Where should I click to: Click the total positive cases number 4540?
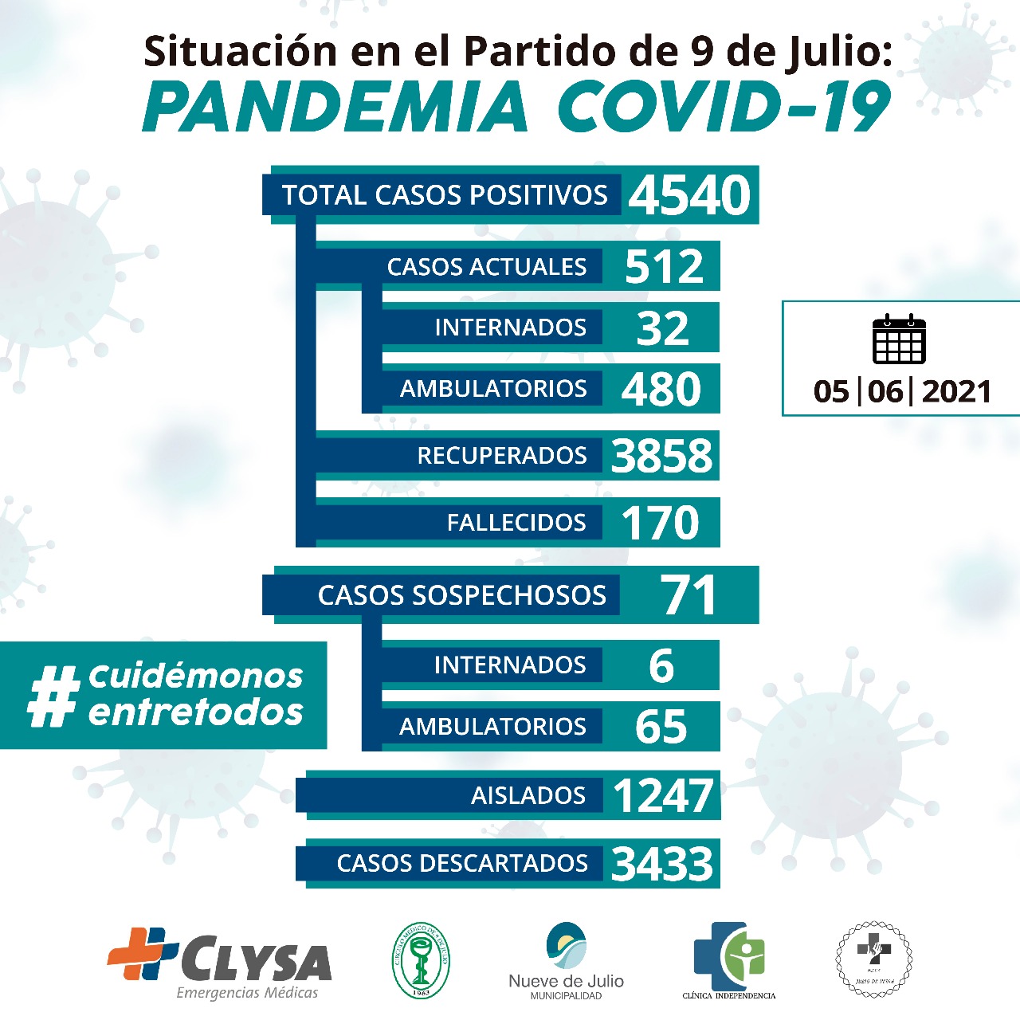pos(689,195)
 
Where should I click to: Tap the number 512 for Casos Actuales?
pos(664,266)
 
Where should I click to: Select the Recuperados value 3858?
pos(661,456)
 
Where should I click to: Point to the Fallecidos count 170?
pos(660,523)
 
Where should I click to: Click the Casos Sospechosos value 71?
pos(688,595)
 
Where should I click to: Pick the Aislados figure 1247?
pos(663,795)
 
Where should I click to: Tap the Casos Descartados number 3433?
pos(662,864)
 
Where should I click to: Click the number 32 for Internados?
pos(662,328)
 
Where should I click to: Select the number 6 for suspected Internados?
pos(661,665)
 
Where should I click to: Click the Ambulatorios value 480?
pos(661,389)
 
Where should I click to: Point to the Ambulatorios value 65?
pos(661,727)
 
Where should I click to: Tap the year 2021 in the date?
pos(956,391)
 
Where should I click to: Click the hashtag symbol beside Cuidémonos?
pos(53,696)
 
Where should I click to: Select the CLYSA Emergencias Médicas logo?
pos(221,963)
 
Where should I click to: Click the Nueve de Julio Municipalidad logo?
pos(566,960)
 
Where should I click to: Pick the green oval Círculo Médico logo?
pos(421,960)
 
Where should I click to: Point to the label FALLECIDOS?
pos(516,523)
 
